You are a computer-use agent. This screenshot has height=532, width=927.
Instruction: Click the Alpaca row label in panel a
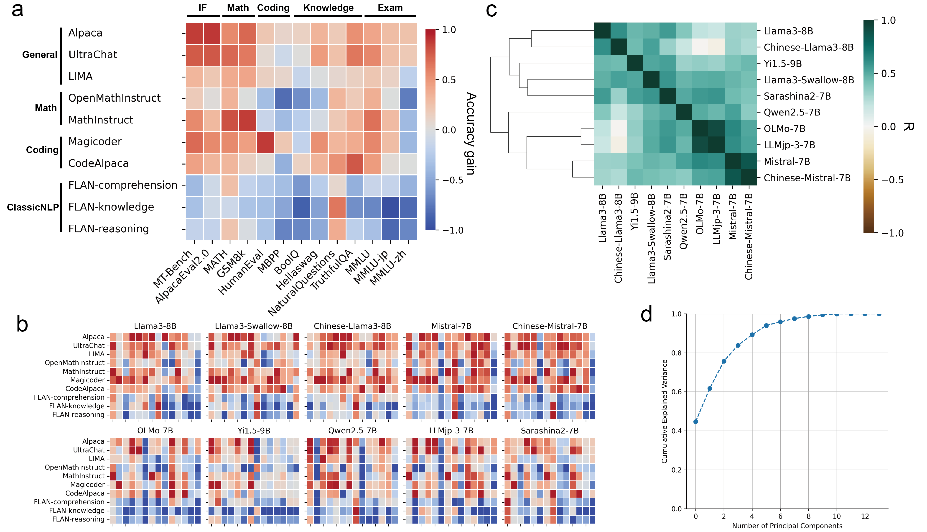click(85, 33)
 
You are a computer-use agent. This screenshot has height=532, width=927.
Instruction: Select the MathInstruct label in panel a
click(101, 120)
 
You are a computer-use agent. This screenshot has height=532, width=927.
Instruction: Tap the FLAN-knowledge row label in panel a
click(111, 207)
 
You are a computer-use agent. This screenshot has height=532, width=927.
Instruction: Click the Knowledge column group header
click(328, 8)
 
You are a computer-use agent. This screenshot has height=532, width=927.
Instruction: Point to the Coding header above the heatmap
click(273, 8)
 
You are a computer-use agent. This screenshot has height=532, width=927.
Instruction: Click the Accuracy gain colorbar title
click(471, 133)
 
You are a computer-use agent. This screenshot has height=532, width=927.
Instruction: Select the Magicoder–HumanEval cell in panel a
click(265, 142)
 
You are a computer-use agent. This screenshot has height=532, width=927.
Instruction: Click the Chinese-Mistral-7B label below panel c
click(749, 237)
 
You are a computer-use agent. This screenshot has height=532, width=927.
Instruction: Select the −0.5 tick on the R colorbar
click(893, 180)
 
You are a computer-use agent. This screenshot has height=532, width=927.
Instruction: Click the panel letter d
click(647, 314)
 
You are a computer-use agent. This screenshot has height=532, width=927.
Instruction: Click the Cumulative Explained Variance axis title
click(665, 411)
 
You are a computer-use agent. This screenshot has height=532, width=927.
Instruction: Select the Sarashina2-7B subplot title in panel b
click(550, 430)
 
